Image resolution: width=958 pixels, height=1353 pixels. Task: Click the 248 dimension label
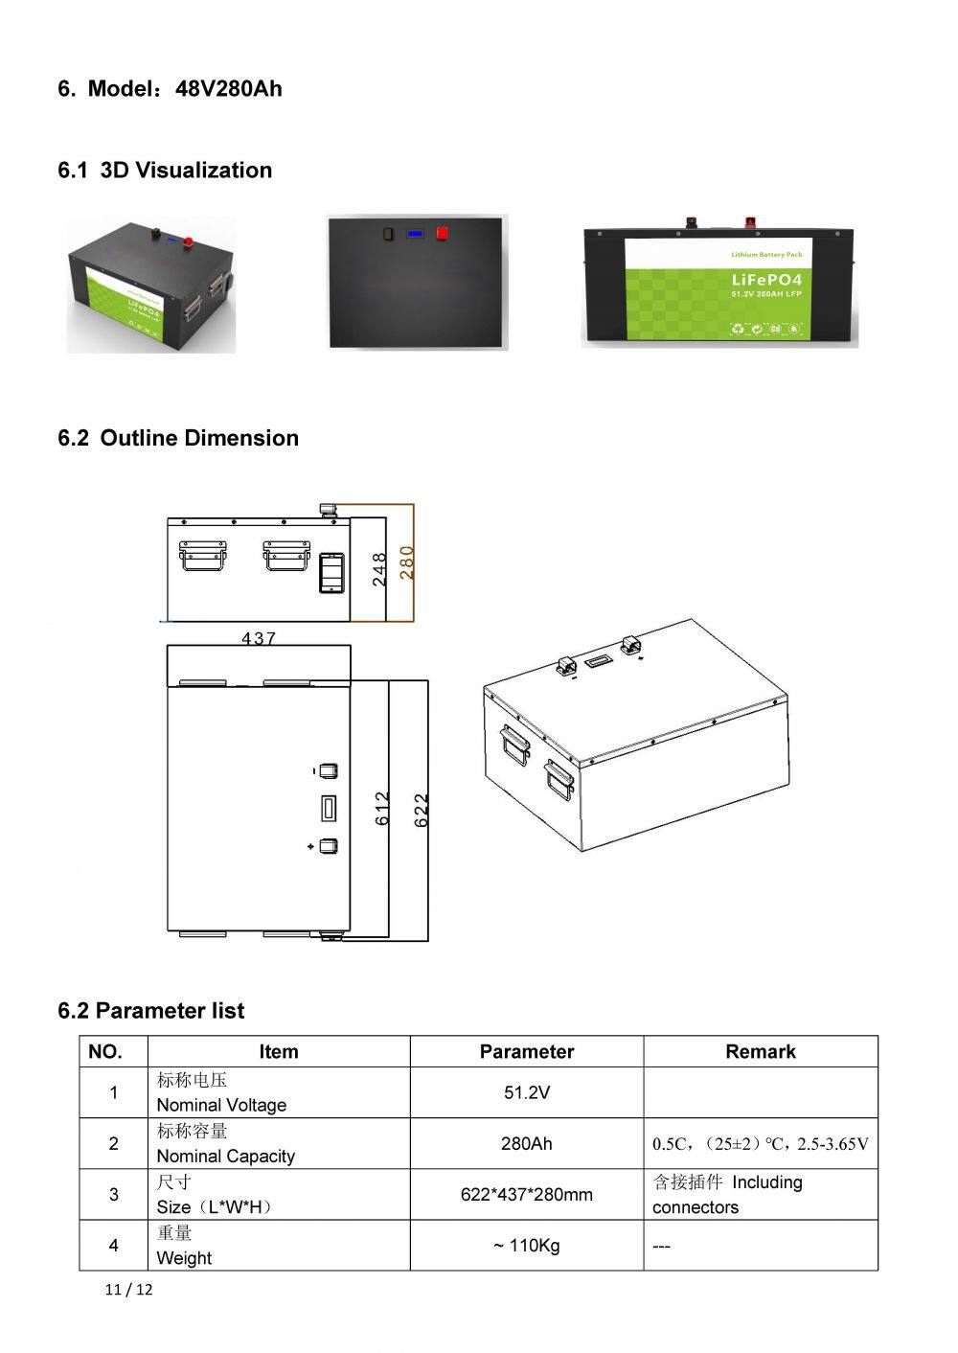point(379,569)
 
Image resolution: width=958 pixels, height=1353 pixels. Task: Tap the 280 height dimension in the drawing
point(406,562)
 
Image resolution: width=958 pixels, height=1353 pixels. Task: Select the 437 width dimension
point(259,637)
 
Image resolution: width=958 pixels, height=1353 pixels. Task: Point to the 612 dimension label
point(382,809)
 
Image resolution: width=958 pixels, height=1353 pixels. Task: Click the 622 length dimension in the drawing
point(421,811)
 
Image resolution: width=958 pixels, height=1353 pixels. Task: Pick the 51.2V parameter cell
point(526,1092)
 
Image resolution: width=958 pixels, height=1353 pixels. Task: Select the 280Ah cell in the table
point(526,1143)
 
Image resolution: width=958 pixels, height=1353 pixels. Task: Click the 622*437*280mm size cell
point(526,1194)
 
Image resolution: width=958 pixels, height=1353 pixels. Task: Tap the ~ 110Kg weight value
point(526,1246)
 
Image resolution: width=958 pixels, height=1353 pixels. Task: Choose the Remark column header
point(760,1051)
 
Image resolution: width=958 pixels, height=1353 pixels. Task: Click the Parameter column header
point(526,1051)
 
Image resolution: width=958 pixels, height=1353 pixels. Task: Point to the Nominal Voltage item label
point(221,1105)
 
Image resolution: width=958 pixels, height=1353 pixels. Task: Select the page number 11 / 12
point(128,1289)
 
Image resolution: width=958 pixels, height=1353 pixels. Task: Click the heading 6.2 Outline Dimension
point(178,438)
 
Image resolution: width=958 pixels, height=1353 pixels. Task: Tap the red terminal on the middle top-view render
point(443,233)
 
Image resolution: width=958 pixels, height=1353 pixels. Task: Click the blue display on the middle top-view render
point(415,233)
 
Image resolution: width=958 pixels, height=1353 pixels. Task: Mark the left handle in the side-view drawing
point(203,555)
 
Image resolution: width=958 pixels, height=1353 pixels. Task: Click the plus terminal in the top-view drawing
point(329,846)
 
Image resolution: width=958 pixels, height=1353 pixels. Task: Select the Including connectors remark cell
point(728,1194)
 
